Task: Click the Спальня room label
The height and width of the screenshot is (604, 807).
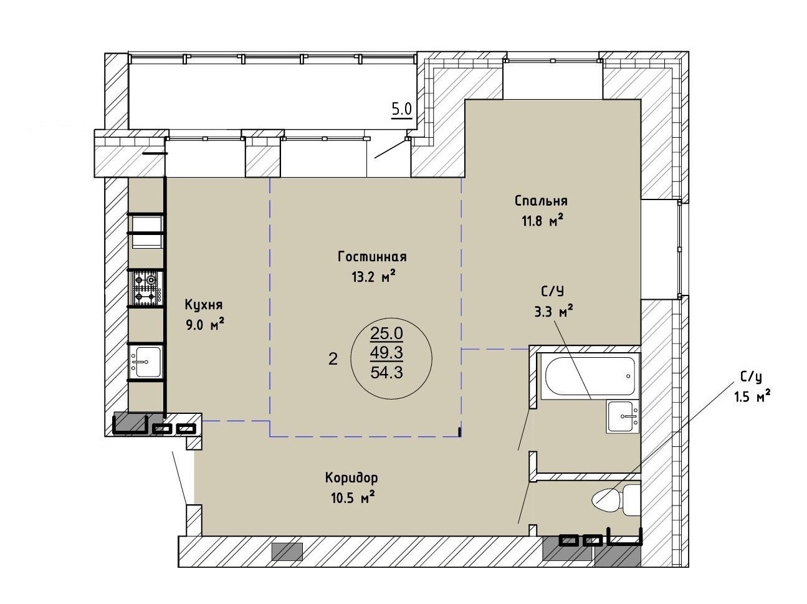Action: click(x=541, y=201)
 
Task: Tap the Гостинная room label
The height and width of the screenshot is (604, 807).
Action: click(x=372, y=256)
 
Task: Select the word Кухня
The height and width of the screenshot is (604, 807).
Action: click(x=203, y=305)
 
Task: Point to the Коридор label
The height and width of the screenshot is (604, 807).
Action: click(x=351, y=478)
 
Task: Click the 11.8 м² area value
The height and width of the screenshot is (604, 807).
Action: click(x=543, y=221)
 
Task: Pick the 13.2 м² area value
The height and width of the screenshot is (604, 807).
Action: click(x=374, y=276)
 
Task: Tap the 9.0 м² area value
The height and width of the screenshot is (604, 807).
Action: click(x=205, y=325)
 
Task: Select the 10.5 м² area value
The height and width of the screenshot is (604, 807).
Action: click(x=353, y=498)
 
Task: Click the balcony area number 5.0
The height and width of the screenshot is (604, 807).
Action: click(x=401, y=109)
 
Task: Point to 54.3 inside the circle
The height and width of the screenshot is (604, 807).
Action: click(x=386, y=372)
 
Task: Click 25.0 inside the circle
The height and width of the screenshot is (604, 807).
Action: click(x=386, y=333)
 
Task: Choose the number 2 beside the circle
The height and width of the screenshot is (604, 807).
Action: click(x=333, y=359)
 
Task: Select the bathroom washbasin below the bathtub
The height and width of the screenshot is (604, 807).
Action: click(x=623, y=416)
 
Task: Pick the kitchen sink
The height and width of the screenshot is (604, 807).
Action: click(x=146, y=362)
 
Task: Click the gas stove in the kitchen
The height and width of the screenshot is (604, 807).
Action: click(x=146, y=288)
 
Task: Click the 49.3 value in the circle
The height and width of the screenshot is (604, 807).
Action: click(x=386, y=353)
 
